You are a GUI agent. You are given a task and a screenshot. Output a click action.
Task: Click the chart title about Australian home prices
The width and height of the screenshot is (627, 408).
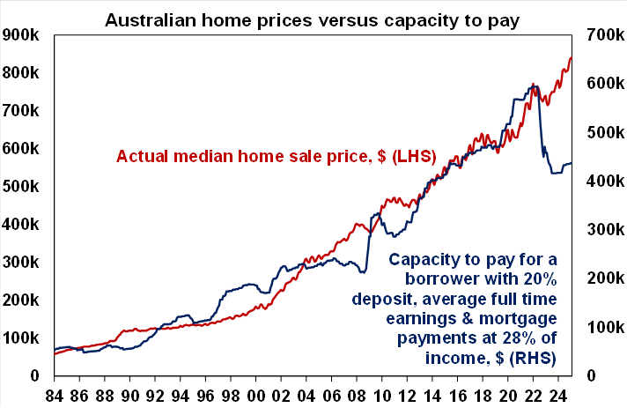[x=313, y=17]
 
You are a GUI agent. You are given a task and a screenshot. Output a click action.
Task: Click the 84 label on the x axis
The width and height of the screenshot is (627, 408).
[x=55, y=393]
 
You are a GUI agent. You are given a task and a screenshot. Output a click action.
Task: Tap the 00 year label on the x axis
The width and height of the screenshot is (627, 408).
[x=256, y=393]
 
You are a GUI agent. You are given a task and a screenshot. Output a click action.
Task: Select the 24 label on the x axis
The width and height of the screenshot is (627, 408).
[x=557, y=393]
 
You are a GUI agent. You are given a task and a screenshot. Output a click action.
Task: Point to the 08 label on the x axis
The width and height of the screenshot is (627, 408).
[x=357, y=393]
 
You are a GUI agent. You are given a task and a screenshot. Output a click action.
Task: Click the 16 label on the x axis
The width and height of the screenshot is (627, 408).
[x=456, y=393]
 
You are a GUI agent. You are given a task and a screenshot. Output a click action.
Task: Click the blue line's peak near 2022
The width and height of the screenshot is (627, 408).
[x=535, y=85]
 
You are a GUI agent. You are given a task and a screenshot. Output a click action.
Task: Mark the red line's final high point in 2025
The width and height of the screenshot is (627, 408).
[x=571, y=58]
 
